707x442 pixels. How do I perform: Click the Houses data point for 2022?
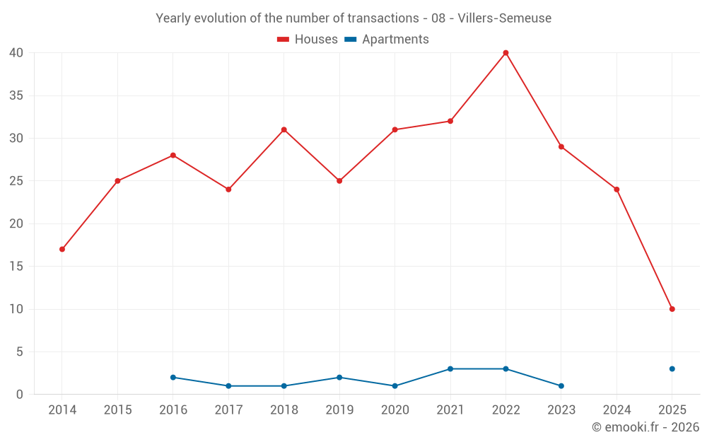click(x=506, y=53)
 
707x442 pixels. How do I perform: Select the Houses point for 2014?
click(x=62, y=249)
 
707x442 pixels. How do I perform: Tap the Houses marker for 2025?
click(x=672, y=309)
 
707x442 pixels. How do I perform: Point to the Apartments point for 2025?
click(x=672, y=368)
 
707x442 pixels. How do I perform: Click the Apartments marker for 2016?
click(x=173, y=377)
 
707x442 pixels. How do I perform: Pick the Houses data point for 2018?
click(x=284, y=129)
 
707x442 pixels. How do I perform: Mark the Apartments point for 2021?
click(x=450, y=368)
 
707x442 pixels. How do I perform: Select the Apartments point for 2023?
click(x=561, y=385)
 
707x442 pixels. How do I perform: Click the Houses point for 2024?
click(x=617, y=190)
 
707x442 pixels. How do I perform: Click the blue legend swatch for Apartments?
click(x=349, y=40)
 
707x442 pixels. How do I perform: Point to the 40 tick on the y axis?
click(x=16, y=53)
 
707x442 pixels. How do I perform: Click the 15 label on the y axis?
click(x=16, y=267)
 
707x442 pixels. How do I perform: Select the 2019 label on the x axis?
click(x=339, y=410)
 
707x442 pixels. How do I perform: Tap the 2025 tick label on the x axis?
click(x=672, y=410)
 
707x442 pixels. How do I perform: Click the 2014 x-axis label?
click(x=62, y=410)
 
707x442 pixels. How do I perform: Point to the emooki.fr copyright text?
click(x=645, y=427)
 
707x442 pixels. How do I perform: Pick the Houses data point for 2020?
click(x=395, y=129)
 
